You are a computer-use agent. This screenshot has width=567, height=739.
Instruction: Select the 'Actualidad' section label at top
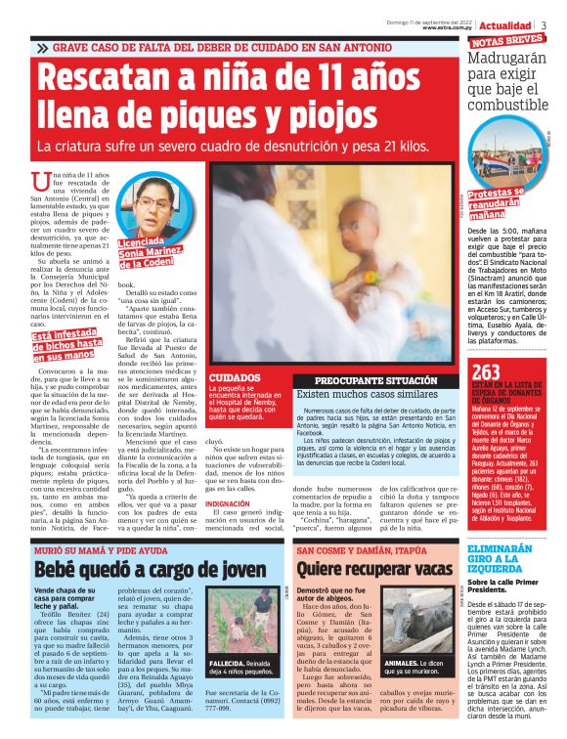(x=505, y=24)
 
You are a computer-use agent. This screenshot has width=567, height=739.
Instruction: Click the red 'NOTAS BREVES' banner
(x=508, y=41)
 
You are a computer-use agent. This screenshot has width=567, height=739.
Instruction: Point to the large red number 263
(x=486, y=371)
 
